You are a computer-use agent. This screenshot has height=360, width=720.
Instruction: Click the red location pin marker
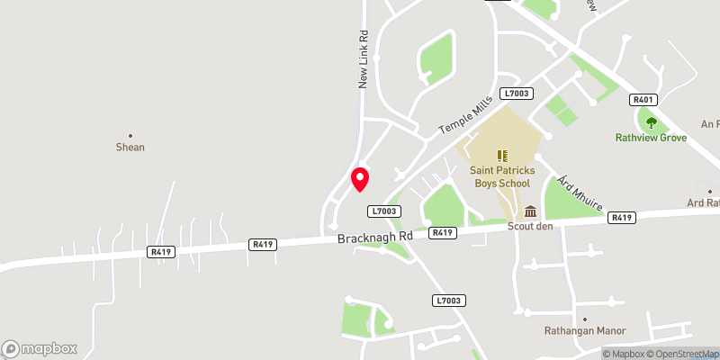[x=360, y=178]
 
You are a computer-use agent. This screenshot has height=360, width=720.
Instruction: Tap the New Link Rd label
[x=364, y=61]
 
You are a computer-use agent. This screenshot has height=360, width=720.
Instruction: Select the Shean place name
[x=130, y=147]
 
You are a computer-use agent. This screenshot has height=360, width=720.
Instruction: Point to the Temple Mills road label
[x=466, y=115]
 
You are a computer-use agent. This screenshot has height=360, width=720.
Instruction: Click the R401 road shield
[x=643, y=100]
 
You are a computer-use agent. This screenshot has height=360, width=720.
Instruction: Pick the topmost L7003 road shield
[x=517, y=94]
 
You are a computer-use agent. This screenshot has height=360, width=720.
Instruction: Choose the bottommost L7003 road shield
[x=447, y=301]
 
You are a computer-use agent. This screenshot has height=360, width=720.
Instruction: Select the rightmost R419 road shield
[x=622, y=217]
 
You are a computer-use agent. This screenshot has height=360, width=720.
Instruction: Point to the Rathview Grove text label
[x=651, y=138]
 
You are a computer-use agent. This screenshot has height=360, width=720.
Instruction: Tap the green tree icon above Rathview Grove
[x=651, y=122]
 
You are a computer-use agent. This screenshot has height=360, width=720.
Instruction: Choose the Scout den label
[x=530, y=226]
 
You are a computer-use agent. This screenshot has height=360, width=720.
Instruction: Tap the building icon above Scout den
[x=530, y=211]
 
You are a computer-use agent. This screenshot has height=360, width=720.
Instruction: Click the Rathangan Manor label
[x=584, y=331]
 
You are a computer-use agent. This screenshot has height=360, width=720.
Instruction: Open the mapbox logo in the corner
[x=40, y=348]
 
